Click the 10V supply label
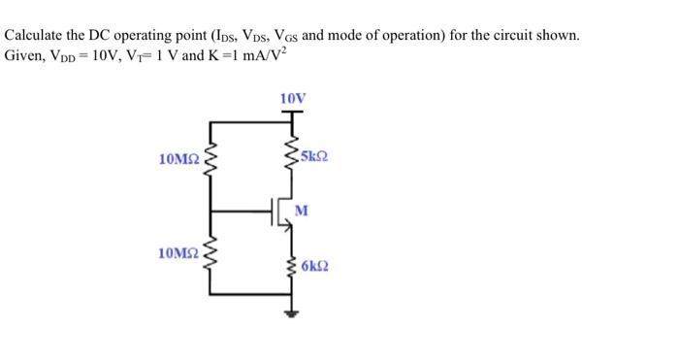pos(291,99)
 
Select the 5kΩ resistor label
pos(315,157)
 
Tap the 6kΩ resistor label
pos(315,265)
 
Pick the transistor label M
pos(301,210)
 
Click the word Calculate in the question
pos(36,36)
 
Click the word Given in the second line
pos(25,54)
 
